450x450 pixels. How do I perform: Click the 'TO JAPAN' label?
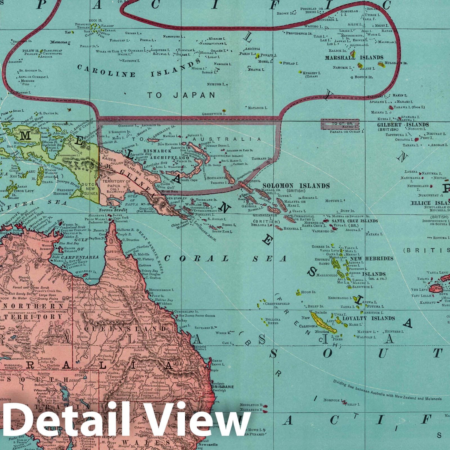pos(181,95)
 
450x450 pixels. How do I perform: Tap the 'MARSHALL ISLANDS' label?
pos(354,58)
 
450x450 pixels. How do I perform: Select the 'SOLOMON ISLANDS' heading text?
pos(296,186)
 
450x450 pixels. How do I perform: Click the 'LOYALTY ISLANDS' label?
pos(368,318)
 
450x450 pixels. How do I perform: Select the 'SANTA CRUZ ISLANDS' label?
pos(355,221)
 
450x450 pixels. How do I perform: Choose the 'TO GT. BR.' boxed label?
pos(340,123)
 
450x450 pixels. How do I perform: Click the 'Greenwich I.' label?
pos(214,114)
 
